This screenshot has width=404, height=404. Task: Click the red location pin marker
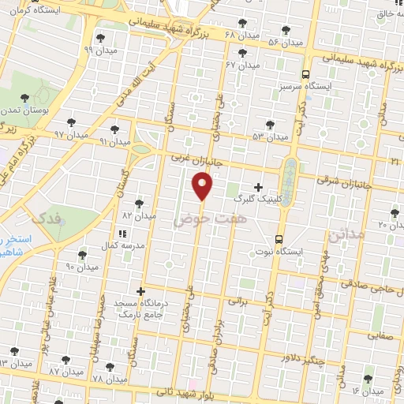pos(203,186)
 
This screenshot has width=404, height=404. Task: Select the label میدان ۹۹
pos(99,49)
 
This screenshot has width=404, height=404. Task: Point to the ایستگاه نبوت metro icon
pos(279,239)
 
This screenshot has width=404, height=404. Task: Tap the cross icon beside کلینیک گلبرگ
pos(258,187)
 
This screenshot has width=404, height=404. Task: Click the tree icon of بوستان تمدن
pos(25,98)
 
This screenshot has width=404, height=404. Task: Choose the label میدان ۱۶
pos(366,391)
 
